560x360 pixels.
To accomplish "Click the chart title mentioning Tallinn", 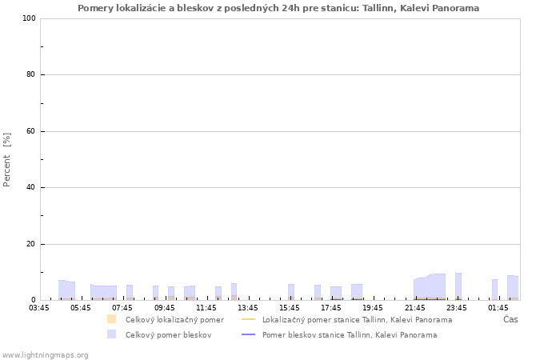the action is (x=278, y=8).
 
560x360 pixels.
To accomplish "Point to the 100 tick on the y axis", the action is (x=29, y=18).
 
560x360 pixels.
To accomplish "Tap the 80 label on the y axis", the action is (x=30, y=74).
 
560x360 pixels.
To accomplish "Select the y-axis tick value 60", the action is (x=30, y=131).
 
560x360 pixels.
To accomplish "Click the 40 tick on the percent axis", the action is (x=30, y=187).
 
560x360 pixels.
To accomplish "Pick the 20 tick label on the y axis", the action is (x=30, y=244).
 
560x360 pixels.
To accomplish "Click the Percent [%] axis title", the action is (x=6, y=160).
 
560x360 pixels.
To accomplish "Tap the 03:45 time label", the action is (x=39, y=308).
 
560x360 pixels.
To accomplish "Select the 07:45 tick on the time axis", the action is (x=122, y=308).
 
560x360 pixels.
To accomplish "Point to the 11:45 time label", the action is (x=206, y=308).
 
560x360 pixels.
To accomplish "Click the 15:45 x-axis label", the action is (x=290, y=308).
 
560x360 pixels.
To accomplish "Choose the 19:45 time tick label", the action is (x=373, y=308).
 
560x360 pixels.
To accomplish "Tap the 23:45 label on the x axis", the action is (x=457, y=308).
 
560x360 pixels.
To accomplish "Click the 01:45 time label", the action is (x=498, y=308).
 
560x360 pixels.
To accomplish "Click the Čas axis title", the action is (x=510, y=319).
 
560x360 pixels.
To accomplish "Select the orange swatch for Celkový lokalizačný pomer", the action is (x=112, y=319).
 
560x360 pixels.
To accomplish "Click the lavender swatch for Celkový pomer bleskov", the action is (x=112, y=334).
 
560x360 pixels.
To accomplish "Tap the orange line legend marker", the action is (x=249, y=319).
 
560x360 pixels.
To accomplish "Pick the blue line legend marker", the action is (x=249, y=334).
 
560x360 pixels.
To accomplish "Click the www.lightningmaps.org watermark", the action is (x=45, y=355).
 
